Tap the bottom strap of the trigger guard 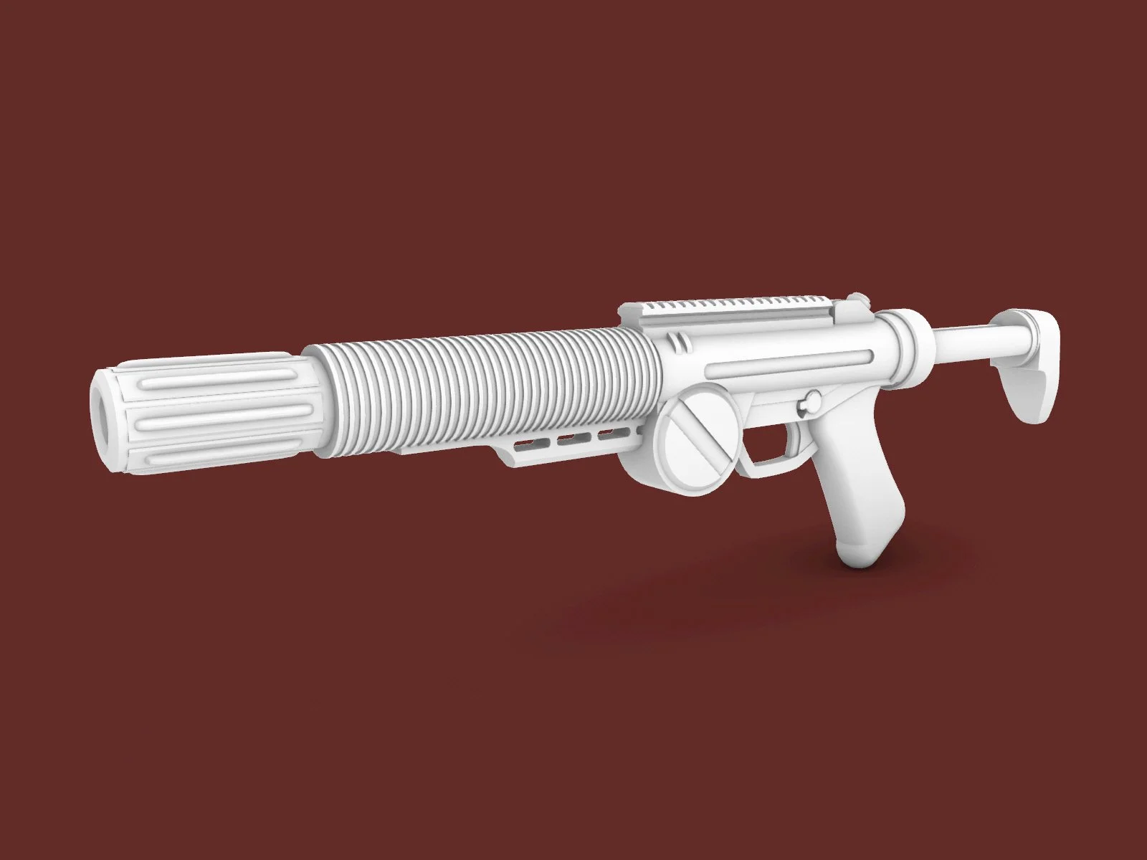(767, 469)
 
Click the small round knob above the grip (812, 401)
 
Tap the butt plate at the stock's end (1032, 373)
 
